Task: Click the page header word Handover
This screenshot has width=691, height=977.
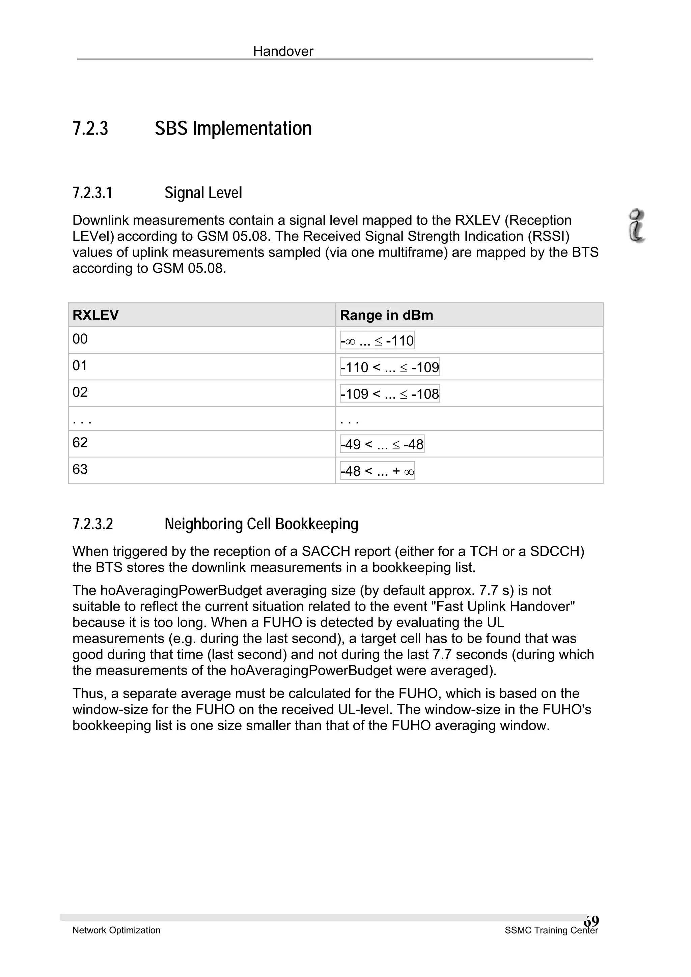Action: click(x=283, y=52)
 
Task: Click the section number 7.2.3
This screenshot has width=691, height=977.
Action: click(x=90, y=128)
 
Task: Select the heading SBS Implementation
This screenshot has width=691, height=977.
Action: click(x=233, y=128)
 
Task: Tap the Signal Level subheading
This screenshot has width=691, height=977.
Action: click(x=203, y=193)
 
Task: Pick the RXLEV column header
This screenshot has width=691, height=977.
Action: click(x=95, y=315)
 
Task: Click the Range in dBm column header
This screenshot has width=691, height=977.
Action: click(x=386, y=315)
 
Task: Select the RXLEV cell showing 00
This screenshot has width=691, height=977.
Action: click(x=80, y=339)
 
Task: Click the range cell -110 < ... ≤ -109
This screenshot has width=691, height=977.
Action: click(x=390, y=367)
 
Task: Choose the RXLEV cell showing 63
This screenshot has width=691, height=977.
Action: click(x=80, y=469)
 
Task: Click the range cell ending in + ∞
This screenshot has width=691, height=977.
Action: click(x=377, y=471)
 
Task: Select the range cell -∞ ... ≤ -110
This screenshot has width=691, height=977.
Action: click(x=377, y=341)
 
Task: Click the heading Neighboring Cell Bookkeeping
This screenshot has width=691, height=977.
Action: click(x=261, y=524)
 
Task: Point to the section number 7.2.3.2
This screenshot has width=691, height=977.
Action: click(x=93, y=524)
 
